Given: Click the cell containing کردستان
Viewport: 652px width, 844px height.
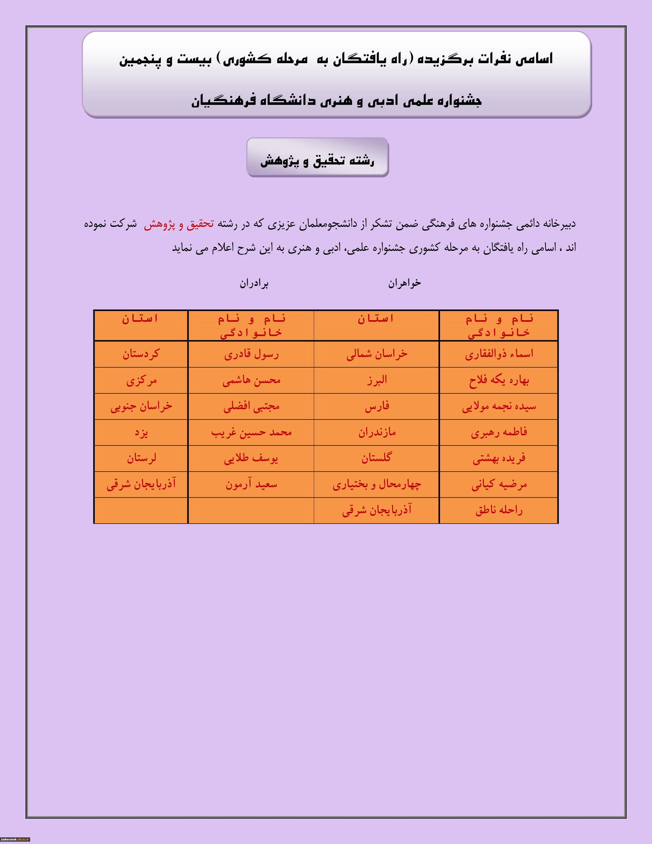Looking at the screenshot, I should coord(141,354).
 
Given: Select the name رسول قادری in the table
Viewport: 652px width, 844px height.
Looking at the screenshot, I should coord(251,354).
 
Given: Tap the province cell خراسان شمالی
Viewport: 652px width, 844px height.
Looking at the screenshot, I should coord(377,354).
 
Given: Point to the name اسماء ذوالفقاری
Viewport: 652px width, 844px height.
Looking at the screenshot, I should coord(499,354).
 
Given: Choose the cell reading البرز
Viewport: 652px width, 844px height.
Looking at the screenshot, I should coord(377,380).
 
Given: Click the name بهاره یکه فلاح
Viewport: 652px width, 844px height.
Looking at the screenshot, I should coord(499,380).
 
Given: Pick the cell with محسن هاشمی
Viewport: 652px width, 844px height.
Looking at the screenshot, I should coord(251,380).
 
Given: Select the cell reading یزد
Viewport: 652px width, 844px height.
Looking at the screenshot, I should coord(141,432).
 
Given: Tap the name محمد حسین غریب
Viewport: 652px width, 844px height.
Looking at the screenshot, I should coord(251,432).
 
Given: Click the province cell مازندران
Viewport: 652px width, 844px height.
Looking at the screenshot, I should coord(377,432).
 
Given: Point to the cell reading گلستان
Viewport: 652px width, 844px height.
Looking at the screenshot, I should coord(377,458).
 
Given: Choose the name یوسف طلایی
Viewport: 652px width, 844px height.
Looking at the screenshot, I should coord(251,458).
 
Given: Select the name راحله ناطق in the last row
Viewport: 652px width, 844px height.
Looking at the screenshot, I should coord(499,510).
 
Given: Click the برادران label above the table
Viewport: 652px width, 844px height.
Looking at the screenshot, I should coord(254,284).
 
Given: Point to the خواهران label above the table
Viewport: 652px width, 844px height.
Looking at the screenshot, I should coord(404,284).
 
